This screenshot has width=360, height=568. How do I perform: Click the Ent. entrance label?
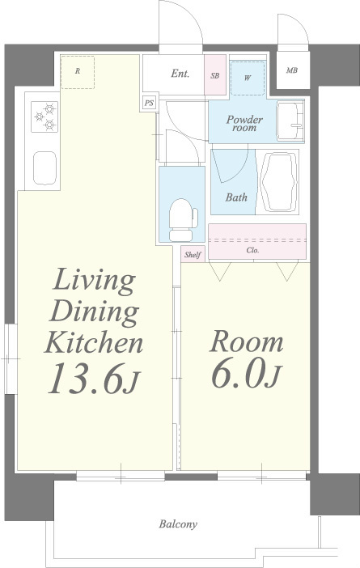[180, 74]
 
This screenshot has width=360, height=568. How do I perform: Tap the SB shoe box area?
[215, 75]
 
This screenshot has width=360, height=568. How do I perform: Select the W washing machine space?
[248, 78]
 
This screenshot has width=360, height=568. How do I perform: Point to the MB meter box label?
[292, 70]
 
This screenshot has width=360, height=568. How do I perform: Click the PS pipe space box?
[149, 103]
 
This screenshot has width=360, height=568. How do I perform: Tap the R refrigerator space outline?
[78, 72]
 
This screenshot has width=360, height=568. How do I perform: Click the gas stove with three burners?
[44, 117]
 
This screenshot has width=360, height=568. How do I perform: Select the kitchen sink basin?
[45, 168]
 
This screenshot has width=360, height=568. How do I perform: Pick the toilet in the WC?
[183, 219]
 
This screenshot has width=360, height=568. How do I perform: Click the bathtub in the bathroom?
[279, 182]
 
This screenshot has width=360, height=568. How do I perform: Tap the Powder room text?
[244, 124]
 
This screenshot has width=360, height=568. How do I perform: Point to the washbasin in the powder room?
[290, 121]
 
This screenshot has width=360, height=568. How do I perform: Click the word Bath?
[236, 197]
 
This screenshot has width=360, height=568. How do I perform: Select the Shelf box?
[193, 254]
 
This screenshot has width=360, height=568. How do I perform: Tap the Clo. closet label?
[252, 250]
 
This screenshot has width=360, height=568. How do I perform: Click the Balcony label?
[178, 524]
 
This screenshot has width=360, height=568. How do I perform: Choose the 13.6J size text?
[94, 379]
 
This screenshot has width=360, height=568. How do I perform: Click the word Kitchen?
[94, 342]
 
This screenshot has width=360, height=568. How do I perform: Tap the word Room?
[246, 341]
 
